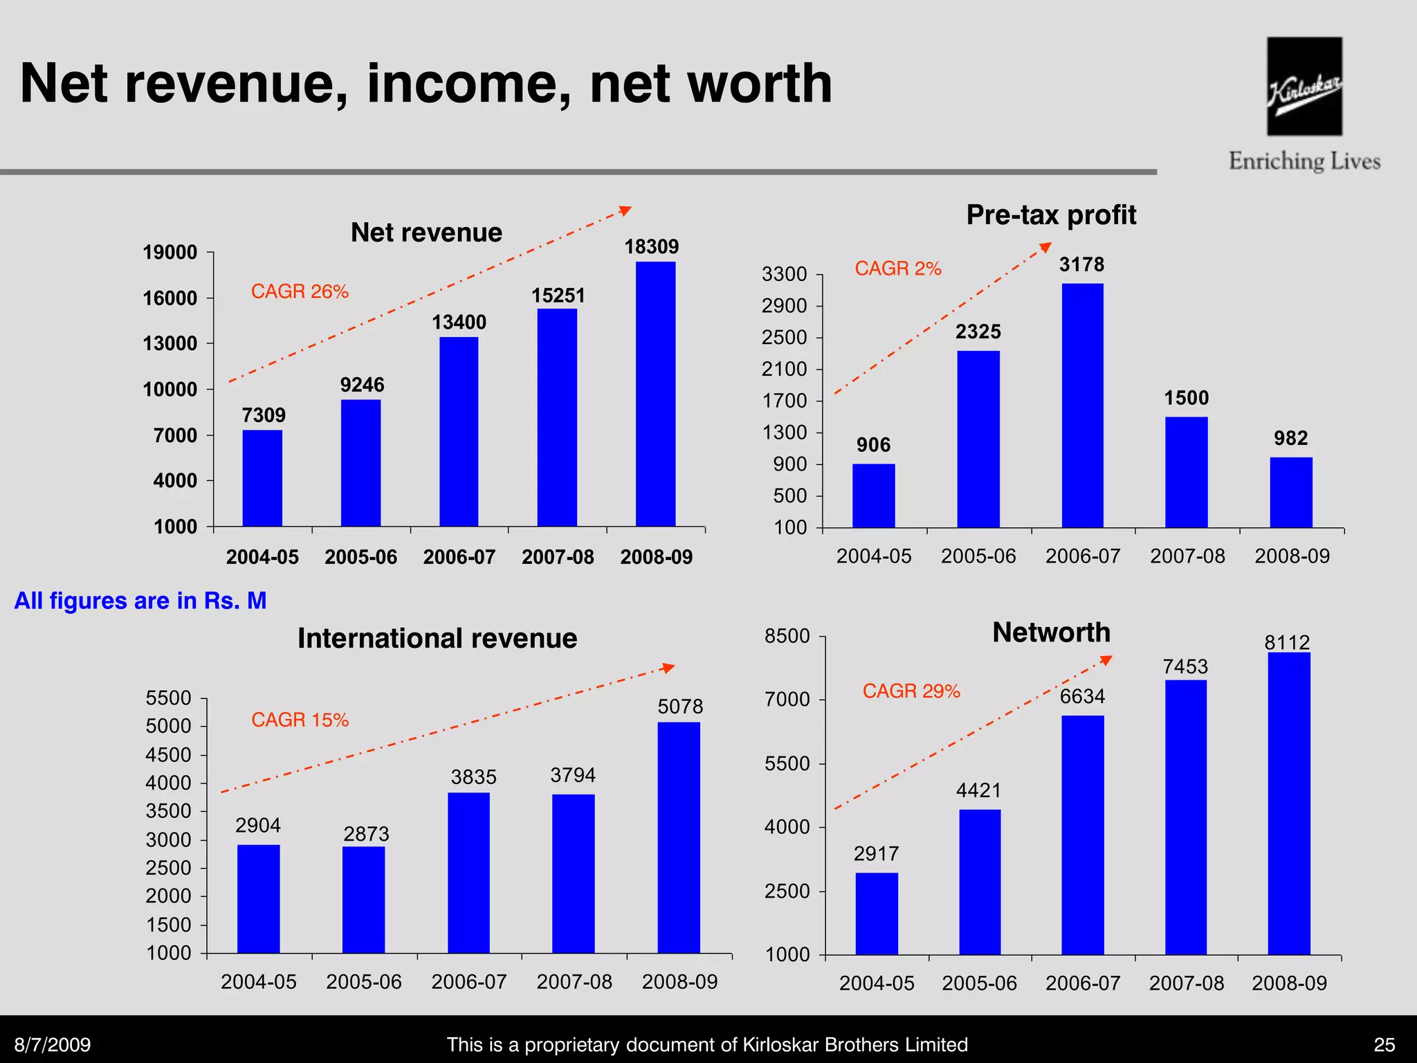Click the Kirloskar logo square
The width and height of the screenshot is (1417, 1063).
click(1304, 86)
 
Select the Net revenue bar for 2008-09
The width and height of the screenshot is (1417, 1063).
click(655, 394)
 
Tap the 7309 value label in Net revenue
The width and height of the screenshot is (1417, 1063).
click(264, 415)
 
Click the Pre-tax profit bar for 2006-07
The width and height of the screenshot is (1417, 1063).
click(1083, 406)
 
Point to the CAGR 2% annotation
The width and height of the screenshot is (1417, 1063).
click(898, 269)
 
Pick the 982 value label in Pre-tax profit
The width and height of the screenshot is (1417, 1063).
click(1290, 438)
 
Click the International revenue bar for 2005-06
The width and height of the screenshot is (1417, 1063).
click(363, 900)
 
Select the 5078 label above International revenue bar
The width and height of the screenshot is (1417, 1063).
click(680, 707)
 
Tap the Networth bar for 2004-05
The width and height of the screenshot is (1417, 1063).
click(877, 914)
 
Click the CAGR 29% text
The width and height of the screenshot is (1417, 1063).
click(911, 691)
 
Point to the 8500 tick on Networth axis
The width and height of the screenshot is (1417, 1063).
click(787, 636)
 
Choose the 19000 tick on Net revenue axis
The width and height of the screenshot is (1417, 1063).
click(170, 253)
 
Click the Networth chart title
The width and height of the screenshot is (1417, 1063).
click(1051, 633)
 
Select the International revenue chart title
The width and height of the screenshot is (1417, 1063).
click(437, 638)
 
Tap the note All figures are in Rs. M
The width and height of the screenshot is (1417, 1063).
click(140, 601)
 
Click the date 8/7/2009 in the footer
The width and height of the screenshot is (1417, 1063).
click(53, 1044)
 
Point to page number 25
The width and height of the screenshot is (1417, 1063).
click(1384, 1044)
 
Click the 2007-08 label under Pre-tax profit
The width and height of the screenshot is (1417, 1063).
click(1187, 556)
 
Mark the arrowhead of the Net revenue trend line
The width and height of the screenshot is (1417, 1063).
click(625, 210)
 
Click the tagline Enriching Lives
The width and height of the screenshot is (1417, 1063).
click(1304, 161)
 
